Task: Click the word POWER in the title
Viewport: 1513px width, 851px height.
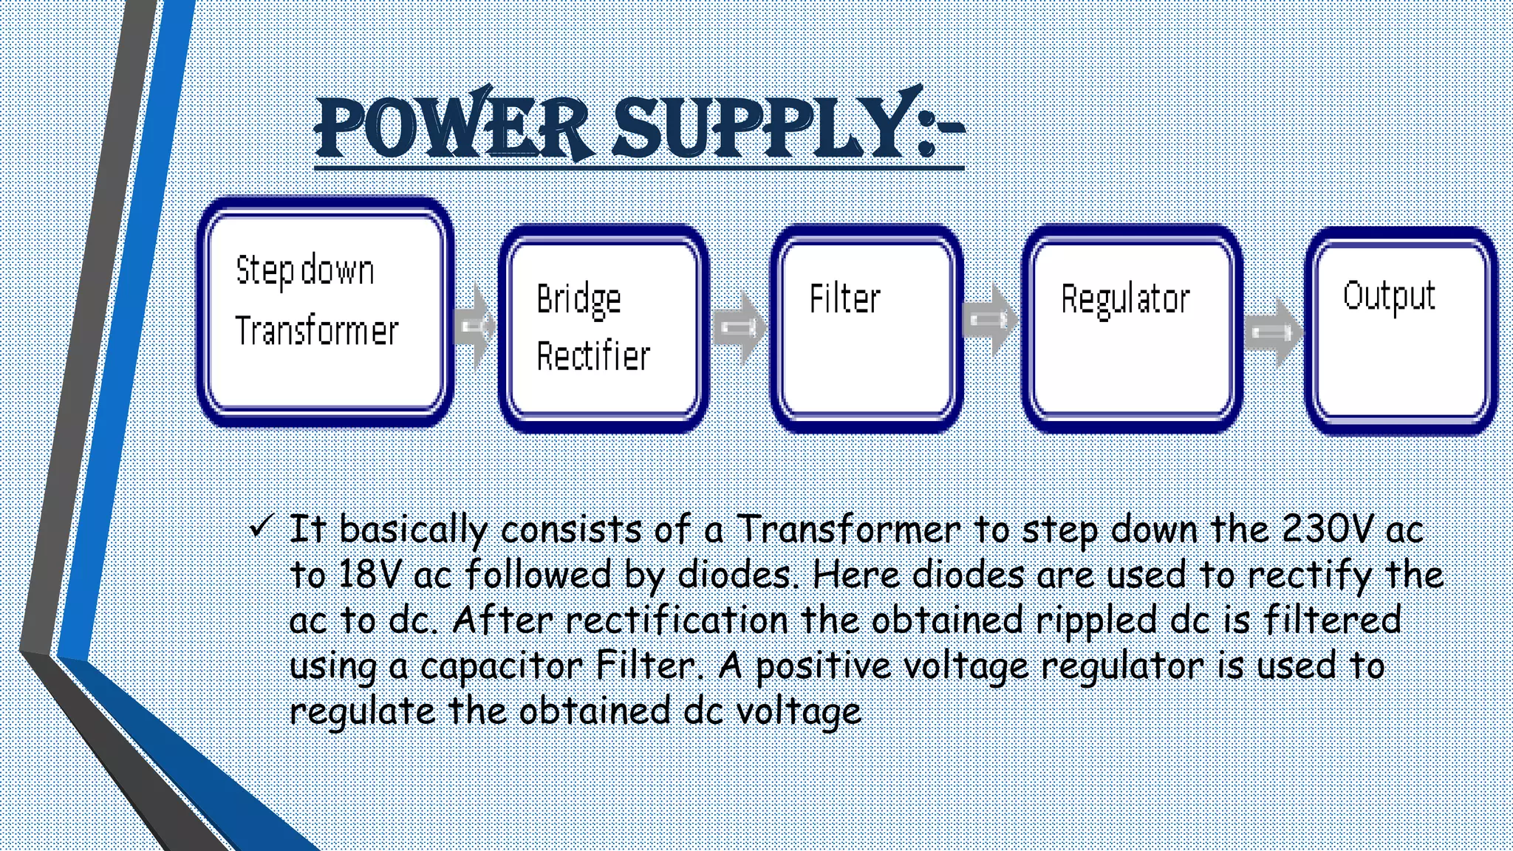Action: (452, 127)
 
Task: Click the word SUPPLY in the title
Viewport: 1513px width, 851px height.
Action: (761, 127)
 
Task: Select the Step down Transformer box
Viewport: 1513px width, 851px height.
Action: (326, 311)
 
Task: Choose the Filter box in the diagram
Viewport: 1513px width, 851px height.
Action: (867, 328)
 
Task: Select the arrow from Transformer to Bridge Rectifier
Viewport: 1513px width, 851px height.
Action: (475, 326)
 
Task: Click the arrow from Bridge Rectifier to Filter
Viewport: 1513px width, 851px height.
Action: (740, 327)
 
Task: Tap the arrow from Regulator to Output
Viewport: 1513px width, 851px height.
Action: (1273, 332)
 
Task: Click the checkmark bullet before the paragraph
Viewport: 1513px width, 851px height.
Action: (262, 527)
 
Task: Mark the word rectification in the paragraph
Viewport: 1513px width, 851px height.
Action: (677, 620)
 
